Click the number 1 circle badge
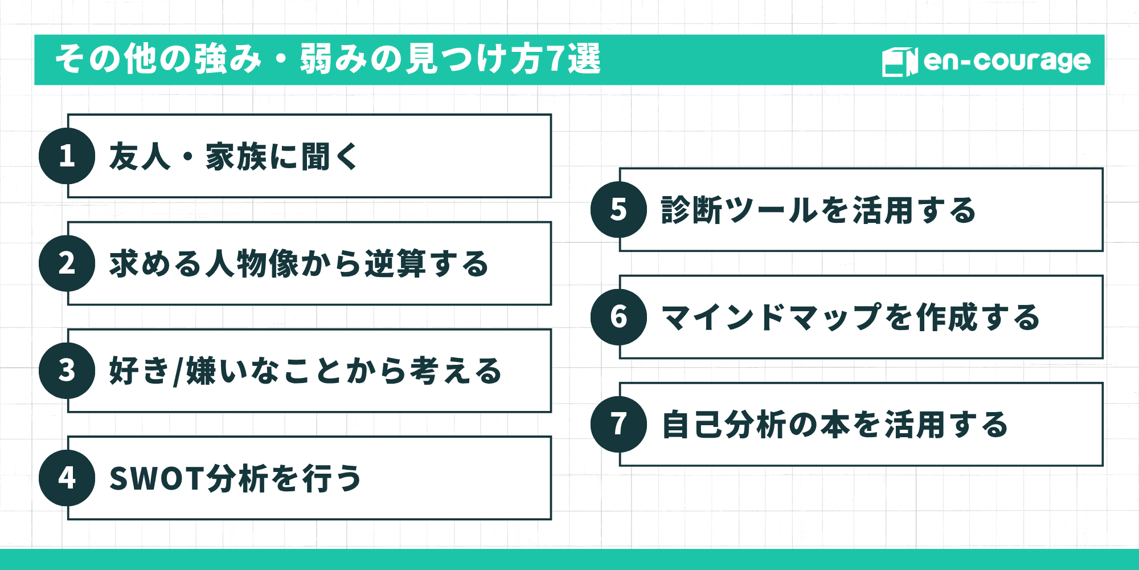tap(67, 156)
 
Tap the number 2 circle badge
tap(67, 263)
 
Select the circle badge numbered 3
tap(67, 370)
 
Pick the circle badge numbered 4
tap(67, 478)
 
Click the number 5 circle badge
tap(618, 209)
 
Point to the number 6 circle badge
tap(618, 317)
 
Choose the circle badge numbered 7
tap(618, 424)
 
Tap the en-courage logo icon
tap(899, 62)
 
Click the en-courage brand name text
tap(1006, 60)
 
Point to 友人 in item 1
tap(140, 157)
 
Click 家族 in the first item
tap(236, 157)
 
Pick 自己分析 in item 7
tap(724, 425)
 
